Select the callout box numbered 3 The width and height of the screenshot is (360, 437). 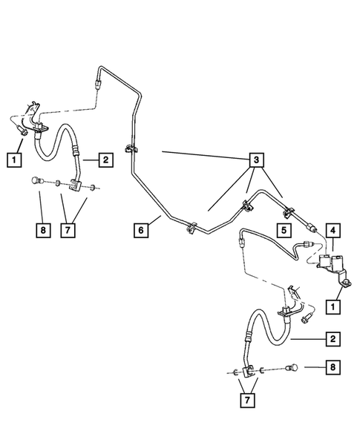tap(255, 160)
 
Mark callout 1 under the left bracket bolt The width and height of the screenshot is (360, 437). tap(13, 158)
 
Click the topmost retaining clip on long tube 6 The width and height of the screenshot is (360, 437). tap(130, 148)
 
